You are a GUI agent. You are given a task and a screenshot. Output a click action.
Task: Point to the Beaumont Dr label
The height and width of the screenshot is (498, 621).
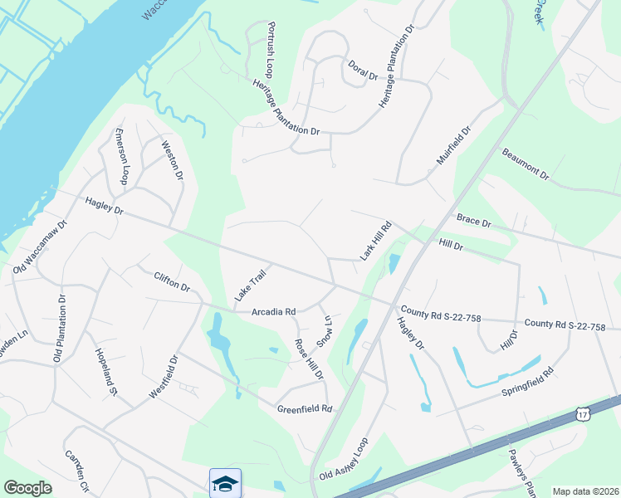coord(526,164)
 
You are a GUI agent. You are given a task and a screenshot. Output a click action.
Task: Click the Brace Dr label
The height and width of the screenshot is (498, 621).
coord(474,222)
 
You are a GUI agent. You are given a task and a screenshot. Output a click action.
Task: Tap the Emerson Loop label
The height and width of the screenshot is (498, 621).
coord(121,157)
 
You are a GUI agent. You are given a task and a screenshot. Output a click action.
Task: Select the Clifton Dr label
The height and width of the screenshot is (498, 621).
coord(172,282)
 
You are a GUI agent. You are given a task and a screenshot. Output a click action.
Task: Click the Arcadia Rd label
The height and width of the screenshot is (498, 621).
coord(273,312)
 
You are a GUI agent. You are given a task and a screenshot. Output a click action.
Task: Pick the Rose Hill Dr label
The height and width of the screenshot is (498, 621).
coord(309,359)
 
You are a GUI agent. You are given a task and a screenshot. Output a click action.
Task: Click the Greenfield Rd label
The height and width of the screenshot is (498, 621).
coord(304,409)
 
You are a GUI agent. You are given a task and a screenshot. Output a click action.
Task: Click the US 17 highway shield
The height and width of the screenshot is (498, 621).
coord(583,413)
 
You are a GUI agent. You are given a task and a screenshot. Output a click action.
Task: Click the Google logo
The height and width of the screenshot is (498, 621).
coord(28,488)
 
